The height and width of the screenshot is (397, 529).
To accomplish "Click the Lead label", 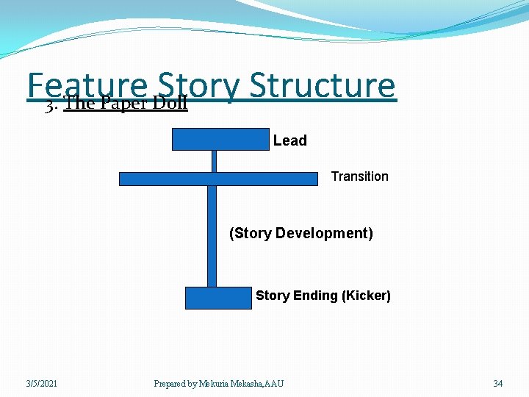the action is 289,140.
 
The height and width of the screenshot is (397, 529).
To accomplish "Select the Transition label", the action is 359,176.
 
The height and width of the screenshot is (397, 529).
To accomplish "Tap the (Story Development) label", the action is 301,234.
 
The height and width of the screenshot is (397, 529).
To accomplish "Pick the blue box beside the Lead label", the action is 220,139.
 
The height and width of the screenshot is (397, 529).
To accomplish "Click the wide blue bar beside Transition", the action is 218,179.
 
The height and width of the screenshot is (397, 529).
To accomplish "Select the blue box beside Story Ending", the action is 218,298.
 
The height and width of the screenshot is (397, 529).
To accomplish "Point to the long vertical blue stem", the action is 212,235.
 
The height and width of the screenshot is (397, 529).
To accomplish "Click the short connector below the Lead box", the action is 214,161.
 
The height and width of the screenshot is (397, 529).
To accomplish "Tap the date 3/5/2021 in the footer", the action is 42,383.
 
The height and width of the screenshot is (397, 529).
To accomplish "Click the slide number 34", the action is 498,383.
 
